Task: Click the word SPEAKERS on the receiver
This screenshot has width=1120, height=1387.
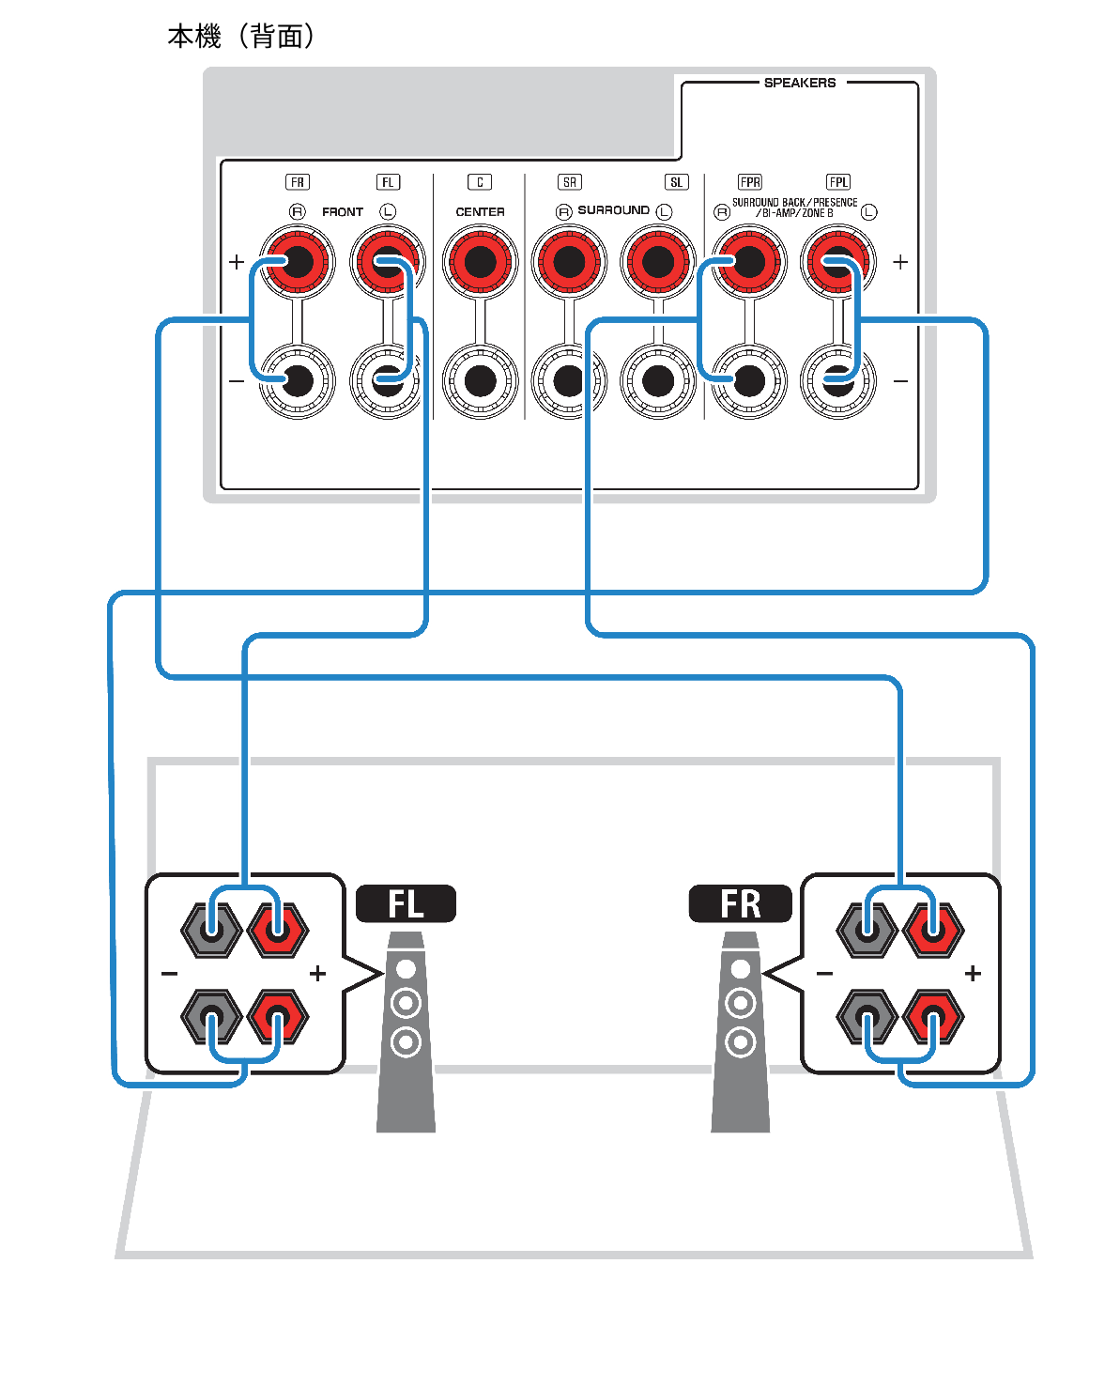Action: point(799,83)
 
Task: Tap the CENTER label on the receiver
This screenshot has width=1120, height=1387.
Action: point(480,212)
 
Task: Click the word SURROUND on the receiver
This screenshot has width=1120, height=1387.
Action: point(613,210)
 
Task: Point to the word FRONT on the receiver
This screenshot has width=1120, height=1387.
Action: point(342,212)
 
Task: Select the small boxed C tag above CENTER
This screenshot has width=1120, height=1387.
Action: point(480,182)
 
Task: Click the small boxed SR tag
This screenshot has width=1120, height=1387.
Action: point(569,182)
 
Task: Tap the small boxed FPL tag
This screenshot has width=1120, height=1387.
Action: point(837,182)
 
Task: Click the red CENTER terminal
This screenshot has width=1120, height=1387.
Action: point(480,262)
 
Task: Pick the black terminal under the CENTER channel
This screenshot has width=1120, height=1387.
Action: point(480,380)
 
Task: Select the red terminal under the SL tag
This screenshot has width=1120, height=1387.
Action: point(657,262)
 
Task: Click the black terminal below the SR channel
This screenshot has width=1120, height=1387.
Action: point(569,380)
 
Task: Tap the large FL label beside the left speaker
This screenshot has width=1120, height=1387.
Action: point(406,904)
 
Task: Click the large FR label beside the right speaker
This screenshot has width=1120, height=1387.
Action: point(740,904)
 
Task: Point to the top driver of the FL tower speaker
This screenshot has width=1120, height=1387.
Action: point(406,968)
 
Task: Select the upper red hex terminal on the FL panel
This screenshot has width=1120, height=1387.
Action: point(278,930)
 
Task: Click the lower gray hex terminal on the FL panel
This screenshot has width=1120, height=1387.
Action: point(212,1017)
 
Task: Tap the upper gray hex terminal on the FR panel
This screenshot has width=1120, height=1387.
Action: point(867,930)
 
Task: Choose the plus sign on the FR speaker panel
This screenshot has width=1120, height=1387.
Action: point(973,974)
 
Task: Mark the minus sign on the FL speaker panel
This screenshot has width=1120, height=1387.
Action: point(169,974)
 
